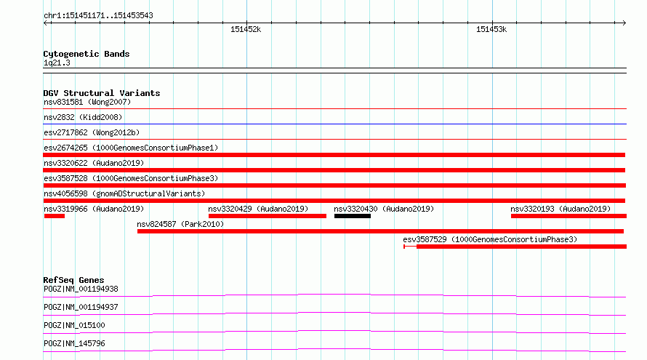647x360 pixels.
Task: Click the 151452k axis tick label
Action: point(246,29)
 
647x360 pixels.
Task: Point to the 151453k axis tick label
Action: point(491,29)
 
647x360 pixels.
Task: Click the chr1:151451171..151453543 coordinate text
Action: point(98,15)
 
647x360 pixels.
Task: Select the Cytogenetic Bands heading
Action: point(87,54)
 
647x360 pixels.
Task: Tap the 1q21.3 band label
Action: point(57,63)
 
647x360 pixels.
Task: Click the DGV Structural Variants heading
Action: point(102,93)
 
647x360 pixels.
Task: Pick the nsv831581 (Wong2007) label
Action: point(87,102)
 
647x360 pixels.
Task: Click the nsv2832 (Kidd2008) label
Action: point(83,117)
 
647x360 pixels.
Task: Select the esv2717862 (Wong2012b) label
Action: point(92,132)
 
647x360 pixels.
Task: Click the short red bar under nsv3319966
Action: point(55,216)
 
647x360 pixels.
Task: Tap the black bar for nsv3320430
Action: point(353,216)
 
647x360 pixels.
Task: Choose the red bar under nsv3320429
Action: point(268,216)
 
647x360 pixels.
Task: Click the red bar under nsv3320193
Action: point(568,216)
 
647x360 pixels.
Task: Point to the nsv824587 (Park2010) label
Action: point(180,224)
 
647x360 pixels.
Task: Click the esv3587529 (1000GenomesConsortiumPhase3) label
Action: point(490,239)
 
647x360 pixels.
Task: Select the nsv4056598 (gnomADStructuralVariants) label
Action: point(124,193)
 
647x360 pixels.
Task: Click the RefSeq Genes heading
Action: point(73,280)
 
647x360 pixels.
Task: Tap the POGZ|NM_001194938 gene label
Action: point(81,289)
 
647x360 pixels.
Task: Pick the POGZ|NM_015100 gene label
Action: point(74,325)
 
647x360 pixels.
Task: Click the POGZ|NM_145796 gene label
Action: point(74,343)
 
